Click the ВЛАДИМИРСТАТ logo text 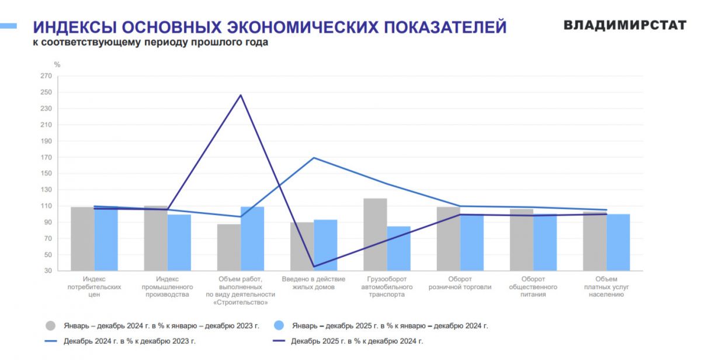624,25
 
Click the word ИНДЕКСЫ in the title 72,27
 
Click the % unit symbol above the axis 57,64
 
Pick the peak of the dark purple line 241,95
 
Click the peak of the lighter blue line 314,158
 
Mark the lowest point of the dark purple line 314,266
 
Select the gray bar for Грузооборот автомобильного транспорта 375,234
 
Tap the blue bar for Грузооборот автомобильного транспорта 398,248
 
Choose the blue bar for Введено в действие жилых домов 325,245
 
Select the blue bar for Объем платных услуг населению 618,242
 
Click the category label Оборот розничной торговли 460,283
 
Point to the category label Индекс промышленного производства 167,287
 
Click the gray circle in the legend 51,326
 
